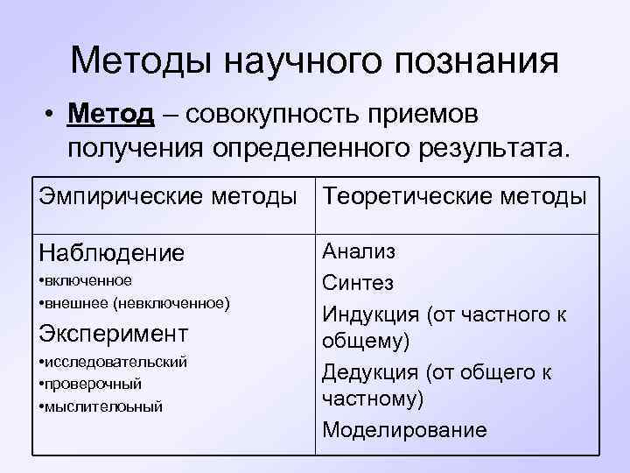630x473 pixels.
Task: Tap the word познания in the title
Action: pos(478,60)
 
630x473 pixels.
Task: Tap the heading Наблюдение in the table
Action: pos(112,253)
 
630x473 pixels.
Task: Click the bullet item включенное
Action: pos(87,280)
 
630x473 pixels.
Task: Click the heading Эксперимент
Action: pos(114,334)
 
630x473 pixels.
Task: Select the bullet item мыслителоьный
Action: pos(102,406)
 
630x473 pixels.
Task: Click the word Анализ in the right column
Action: pos(359,251)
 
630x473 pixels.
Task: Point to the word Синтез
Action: pos(358,282)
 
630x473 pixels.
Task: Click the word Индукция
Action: pos(371,313)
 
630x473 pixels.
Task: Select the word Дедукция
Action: pos(371,371)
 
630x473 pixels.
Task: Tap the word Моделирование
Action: pos(404,430)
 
